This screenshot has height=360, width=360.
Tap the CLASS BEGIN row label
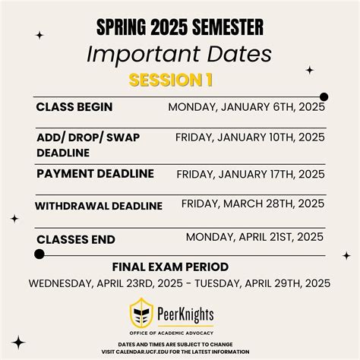coord(74,107)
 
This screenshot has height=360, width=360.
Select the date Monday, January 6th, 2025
coord(247,107)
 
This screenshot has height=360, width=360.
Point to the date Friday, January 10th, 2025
coord(250,137)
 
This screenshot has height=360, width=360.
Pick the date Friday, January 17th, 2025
coord(251,174)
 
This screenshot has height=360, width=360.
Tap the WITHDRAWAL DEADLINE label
coord(99,206)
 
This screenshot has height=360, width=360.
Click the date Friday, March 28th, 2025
coord(253,204)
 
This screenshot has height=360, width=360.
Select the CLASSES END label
coord(76,239)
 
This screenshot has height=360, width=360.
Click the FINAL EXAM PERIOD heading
coord(181,267)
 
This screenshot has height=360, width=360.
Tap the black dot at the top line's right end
coord(324,96)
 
